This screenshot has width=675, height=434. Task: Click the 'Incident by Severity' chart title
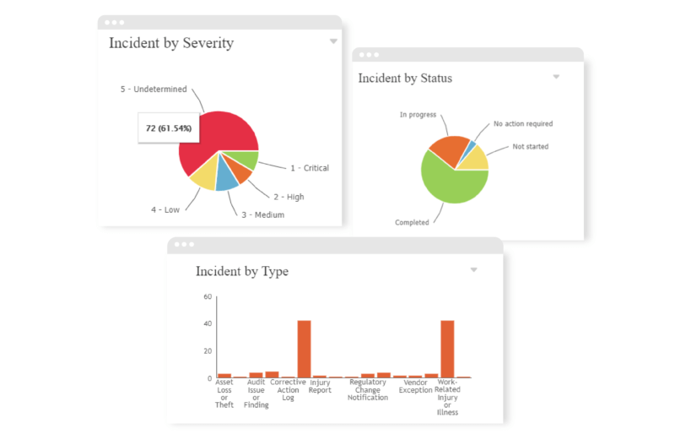pos(171,43)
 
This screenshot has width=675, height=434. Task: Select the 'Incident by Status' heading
pos(405,79)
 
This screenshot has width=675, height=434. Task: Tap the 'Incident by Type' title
pos(242,271)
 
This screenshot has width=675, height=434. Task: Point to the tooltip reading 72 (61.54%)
pos(169,128)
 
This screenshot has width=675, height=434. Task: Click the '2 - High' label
pos(289,197)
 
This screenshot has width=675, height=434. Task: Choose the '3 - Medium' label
pos(262,214)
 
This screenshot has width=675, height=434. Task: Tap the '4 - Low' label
pos(165,209)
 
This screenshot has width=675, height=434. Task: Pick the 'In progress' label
pos(418,115)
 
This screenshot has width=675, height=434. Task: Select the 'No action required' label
pos(523,124)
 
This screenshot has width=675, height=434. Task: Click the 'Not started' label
pos(530,147)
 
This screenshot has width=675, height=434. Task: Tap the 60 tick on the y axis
pos(208,297)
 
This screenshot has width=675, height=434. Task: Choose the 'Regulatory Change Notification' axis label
pos(368,390)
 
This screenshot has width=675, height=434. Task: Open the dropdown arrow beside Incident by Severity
pos(333,41)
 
